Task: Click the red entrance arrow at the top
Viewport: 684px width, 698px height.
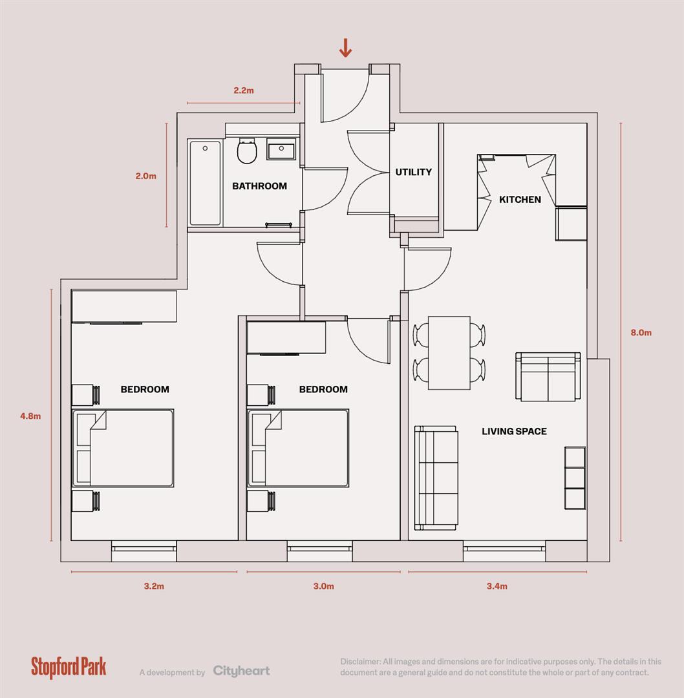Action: [345, 47]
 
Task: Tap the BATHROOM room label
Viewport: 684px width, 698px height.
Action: [259, 186]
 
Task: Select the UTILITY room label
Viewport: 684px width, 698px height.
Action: [413, 172]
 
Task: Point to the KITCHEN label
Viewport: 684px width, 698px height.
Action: [520, 200]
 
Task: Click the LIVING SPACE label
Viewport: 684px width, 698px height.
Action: [514, 431]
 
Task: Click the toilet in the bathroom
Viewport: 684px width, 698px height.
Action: [246, 152]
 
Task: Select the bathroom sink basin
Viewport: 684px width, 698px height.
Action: [281, 150]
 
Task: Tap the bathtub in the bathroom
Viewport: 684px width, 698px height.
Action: [205, 182]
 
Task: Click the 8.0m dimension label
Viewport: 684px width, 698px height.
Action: [641, 333]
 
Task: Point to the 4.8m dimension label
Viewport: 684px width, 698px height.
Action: [30, 416]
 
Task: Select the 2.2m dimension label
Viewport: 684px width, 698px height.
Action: [244, 90]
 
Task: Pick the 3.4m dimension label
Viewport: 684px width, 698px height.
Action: [497, 587]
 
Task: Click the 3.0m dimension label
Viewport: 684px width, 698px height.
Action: [324, 587]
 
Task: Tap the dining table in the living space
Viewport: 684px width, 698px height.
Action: [449, 353]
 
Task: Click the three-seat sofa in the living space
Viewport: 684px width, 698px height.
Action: [436, 476]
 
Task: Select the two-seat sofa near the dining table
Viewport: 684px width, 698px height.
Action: [548, 376]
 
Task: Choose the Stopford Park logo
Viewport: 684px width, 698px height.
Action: [69, 667]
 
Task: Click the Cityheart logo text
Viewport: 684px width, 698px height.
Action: [241, 672]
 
